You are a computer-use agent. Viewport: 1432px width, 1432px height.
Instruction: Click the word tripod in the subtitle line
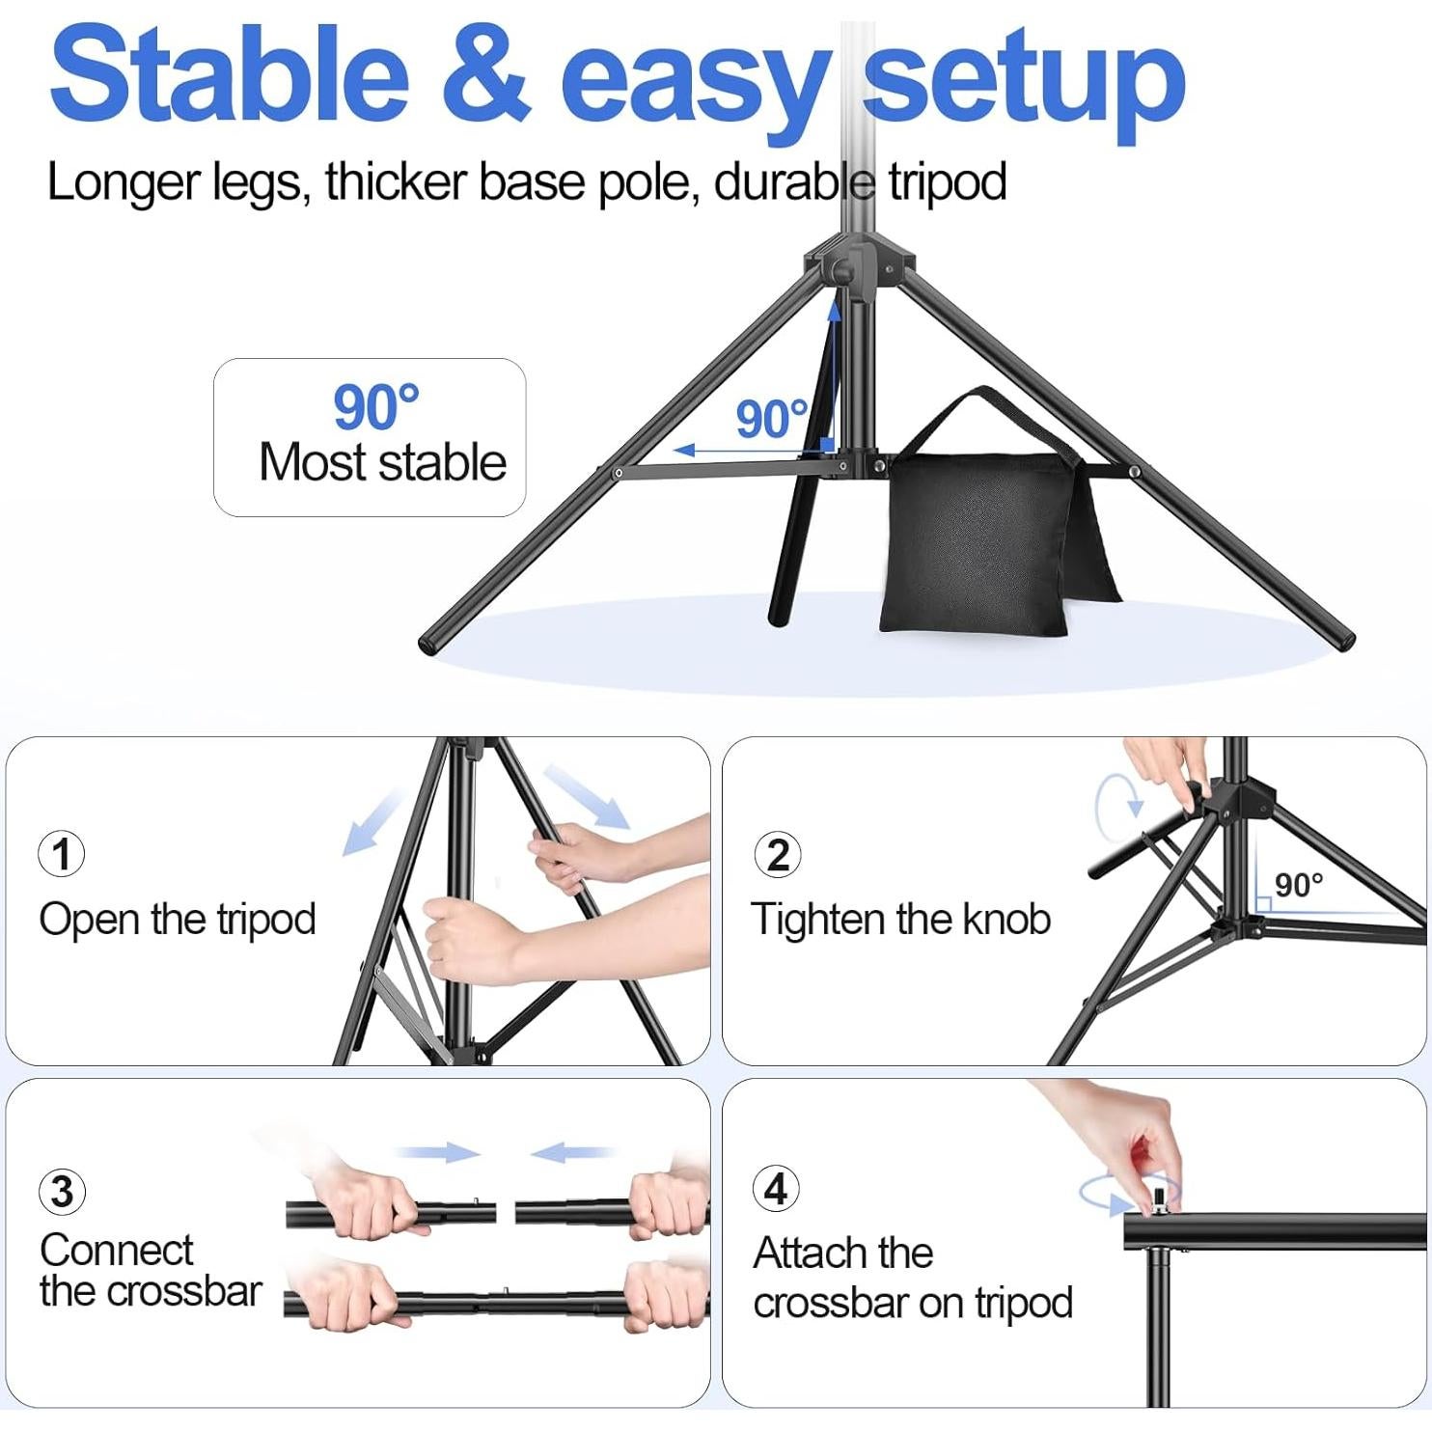947,182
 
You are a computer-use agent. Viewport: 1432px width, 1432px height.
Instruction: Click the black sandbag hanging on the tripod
975,540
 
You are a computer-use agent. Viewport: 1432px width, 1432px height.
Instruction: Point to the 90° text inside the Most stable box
375,407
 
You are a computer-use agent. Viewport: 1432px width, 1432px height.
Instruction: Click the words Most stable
382,462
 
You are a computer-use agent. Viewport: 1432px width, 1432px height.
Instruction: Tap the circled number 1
62,855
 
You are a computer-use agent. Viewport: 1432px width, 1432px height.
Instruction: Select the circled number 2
778,855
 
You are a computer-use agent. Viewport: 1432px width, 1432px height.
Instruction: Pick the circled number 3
62,1192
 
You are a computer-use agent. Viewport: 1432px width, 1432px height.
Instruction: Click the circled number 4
776,1189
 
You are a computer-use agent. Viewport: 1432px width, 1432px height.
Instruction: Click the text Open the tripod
178,919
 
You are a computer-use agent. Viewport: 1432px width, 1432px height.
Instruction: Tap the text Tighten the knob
900,919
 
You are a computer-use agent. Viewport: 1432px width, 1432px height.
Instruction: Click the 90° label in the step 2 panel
1298,885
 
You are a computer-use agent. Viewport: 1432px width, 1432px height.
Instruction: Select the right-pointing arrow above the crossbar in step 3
439,1152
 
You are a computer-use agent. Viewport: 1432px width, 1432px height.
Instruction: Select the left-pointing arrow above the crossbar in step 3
571,1152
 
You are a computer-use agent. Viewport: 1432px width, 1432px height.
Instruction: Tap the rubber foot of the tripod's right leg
1343,641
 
